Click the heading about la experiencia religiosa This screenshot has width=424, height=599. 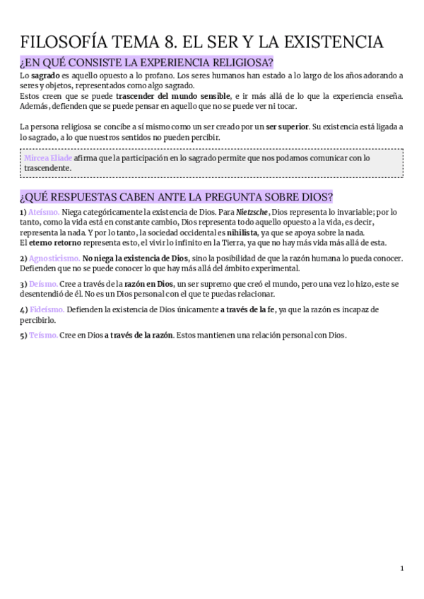147,63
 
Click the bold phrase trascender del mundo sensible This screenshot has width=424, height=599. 173,96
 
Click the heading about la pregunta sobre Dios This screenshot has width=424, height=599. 177,196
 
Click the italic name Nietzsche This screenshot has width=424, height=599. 252,212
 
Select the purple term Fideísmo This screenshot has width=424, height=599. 47,309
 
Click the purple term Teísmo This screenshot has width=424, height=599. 43,335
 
